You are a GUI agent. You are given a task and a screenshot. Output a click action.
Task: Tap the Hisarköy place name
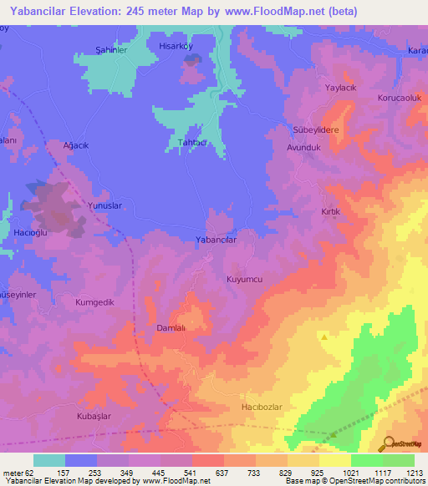tap(176, 47)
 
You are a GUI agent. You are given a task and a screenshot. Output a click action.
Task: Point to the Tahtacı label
tap(192, 143)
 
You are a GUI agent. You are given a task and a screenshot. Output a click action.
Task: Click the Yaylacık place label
tap(341, 87)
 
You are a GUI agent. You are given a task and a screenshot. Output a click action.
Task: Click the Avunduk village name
tap(304, 146)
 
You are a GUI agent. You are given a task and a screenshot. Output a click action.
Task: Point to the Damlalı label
tap(174, 328)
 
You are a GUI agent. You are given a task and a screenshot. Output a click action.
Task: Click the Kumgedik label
tap(94, 302)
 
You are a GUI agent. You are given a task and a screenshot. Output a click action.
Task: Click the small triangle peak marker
tap(324, 337)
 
